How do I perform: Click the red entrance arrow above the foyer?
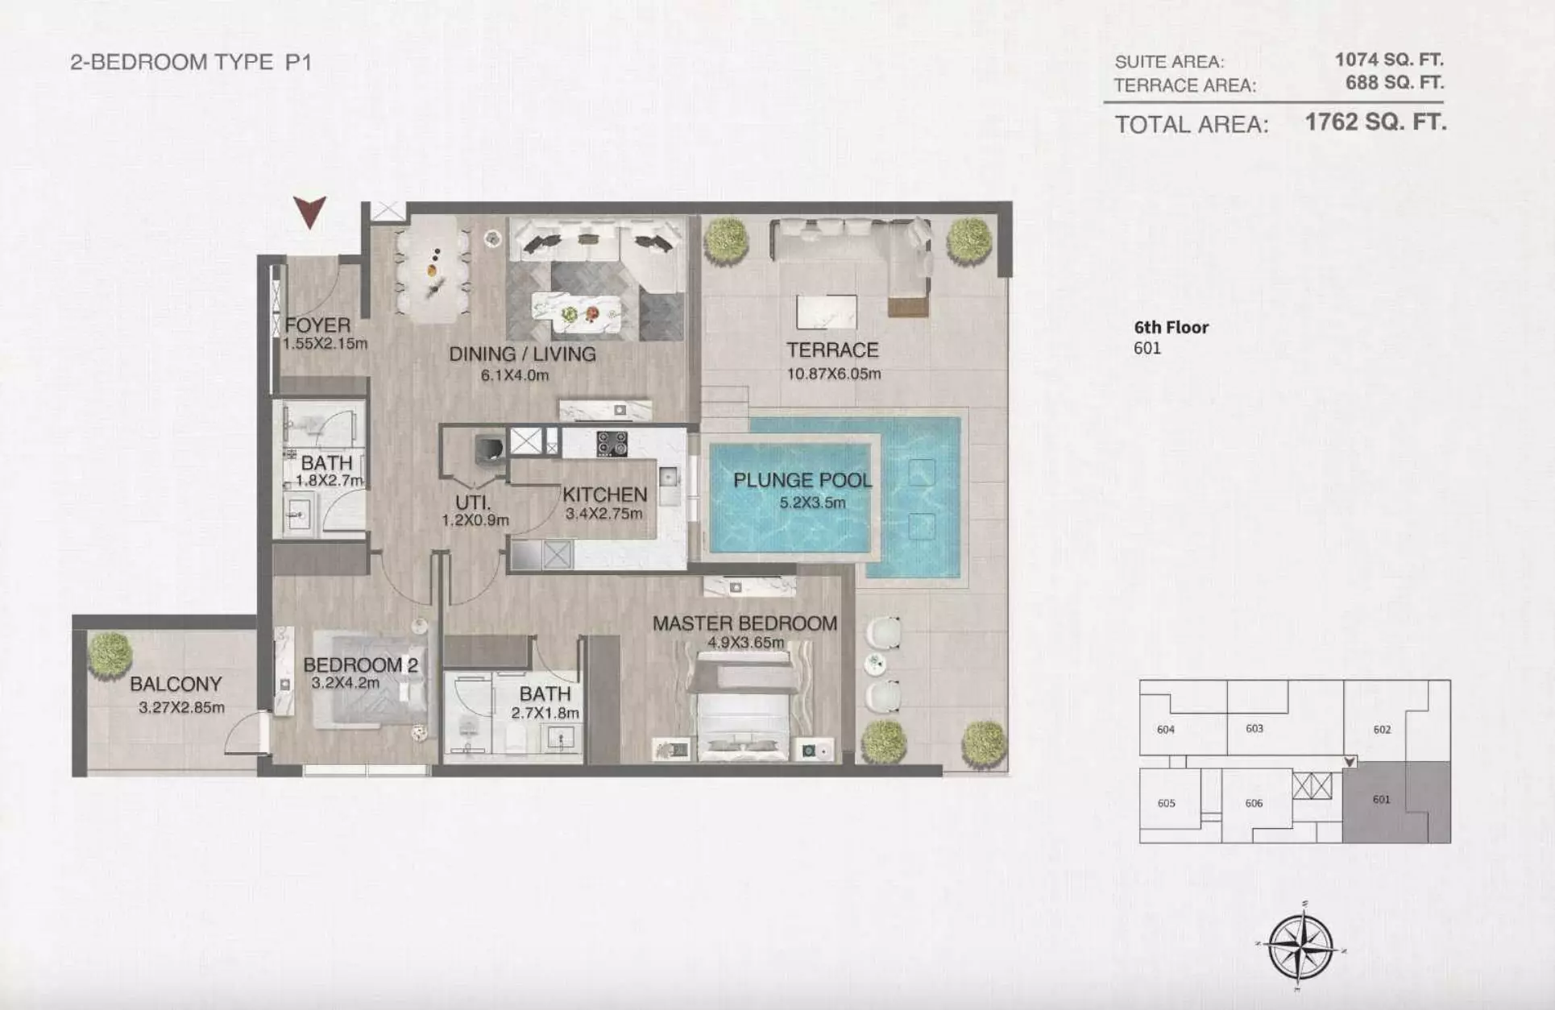click(x=309, y=212)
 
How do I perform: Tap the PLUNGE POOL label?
click(x=802, y=480)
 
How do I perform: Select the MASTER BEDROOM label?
click(x=744, y=623)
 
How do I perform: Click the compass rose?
click(x=1300, y=947)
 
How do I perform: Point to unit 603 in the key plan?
click(x=1254, y=728)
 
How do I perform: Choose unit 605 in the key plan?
click(x=1166, y=803)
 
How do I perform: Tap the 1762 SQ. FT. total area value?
click(x=1375, y=122)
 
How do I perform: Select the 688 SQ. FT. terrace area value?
click(x=1395, y=82)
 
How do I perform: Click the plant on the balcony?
click(x=109, y=654)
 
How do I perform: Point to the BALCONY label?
click(x=176, y=684)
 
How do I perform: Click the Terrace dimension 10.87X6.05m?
click(x=834, y=374)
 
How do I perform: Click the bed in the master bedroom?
click(x=744, y=705)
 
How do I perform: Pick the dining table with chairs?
click(x=433, y=269)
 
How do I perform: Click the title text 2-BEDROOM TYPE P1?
click(x=191, y=62)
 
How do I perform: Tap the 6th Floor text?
click(x=1171, y=327)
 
